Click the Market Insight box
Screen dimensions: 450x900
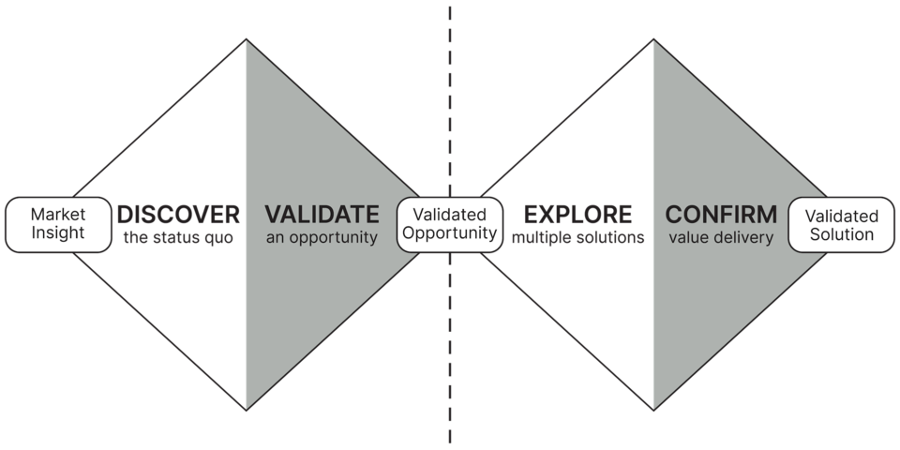(57, 225)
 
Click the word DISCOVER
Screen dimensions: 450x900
(174, 214)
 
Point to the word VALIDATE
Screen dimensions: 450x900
(322, 214)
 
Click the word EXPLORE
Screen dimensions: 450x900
(577, 214)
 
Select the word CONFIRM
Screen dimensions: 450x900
(721, 214)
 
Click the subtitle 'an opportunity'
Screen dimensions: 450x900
(322, 238)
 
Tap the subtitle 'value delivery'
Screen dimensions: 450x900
(721, 238)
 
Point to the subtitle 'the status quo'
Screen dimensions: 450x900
(175, 238)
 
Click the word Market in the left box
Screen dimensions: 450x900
(57, 215)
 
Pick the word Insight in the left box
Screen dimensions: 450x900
(57, 234)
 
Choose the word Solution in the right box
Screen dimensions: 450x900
(841, 234)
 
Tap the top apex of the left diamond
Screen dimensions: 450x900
(245, 38)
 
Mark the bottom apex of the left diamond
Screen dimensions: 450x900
(245, 410)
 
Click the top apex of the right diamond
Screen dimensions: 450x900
(652, 38)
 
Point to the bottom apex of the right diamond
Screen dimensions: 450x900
(652, 410)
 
